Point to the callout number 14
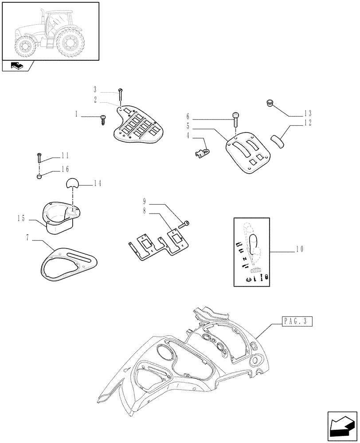pos(98,183)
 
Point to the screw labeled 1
pos(104,118)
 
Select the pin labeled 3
pos(120,93)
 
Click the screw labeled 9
pos(185,224)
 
